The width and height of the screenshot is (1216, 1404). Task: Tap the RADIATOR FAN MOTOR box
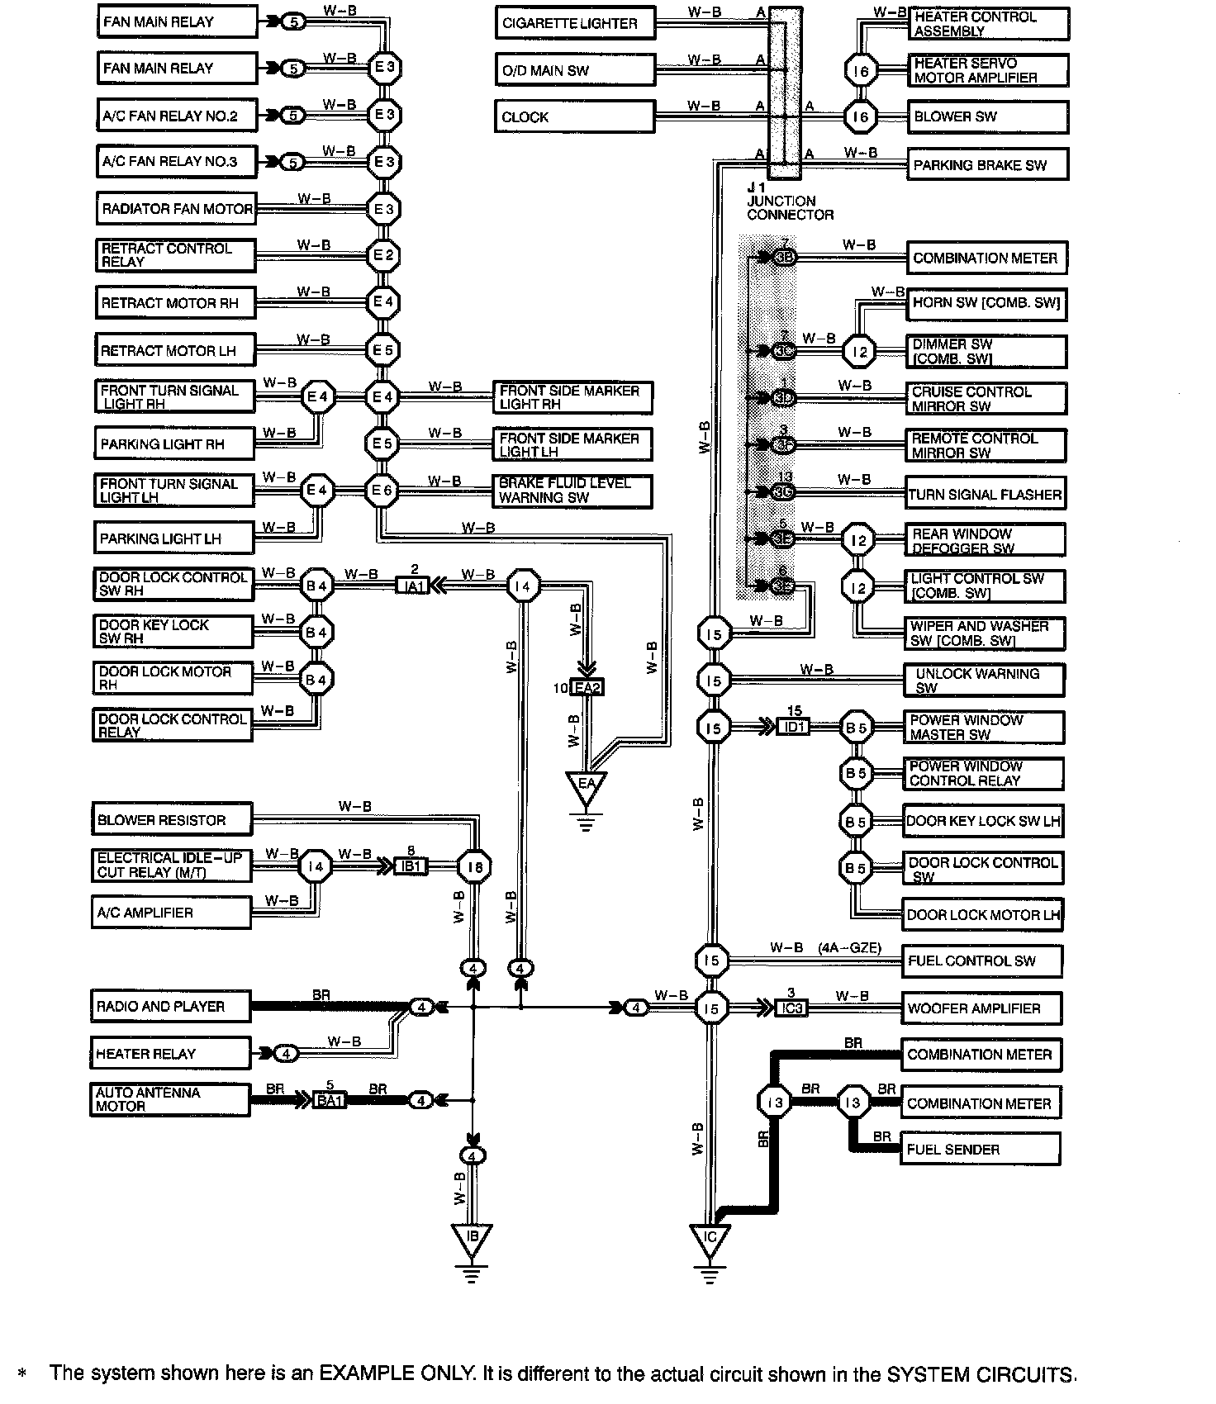click(176, 209)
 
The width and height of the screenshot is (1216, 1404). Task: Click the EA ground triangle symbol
click(586, 785)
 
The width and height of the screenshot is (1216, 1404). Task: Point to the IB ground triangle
click(472, 1238)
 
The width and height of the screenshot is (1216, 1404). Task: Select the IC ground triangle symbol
click(709, 1239)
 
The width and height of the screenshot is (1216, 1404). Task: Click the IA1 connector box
click(413, 586)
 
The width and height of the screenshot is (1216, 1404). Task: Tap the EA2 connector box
click(586, 688)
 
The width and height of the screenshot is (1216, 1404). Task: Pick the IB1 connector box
click(410, 866)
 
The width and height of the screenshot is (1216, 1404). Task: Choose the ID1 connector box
click(793, 728)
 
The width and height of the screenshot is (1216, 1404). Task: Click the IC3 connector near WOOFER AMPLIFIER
click(791, 1008)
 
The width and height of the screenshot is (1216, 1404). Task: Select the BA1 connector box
click(330, 1100)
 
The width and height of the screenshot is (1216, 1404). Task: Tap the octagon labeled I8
click(474, 866)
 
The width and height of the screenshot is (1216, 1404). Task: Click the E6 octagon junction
click(382, 491)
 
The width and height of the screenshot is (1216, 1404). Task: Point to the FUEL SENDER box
click(980, 1149)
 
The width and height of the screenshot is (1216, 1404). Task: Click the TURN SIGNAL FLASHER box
click(985, 494)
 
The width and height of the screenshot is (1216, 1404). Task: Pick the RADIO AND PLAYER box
click(170, 1007)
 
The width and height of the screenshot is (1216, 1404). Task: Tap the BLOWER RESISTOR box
click(171, 820)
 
